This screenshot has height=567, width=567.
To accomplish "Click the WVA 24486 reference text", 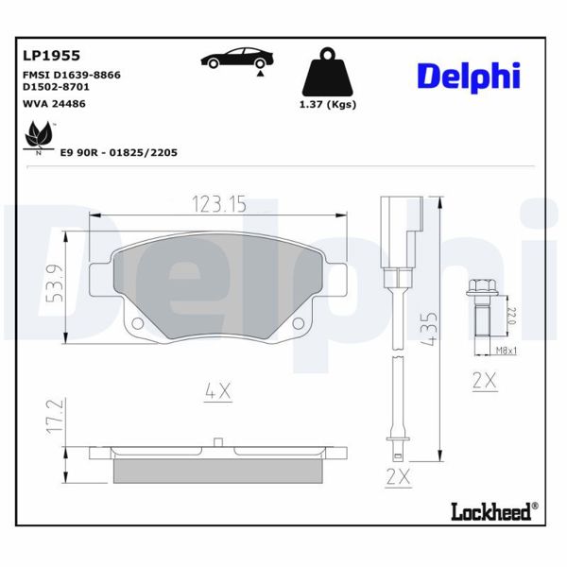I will tap(54, 103).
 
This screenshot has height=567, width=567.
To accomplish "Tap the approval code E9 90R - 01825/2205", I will tap(119, 151).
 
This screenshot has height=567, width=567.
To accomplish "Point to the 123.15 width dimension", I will tap(219, 203).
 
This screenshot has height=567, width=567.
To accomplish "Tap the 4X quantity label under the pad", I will tap(218, 388).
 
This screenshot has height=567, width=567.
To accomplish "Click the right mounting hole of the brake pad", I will tap(299, 324).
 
